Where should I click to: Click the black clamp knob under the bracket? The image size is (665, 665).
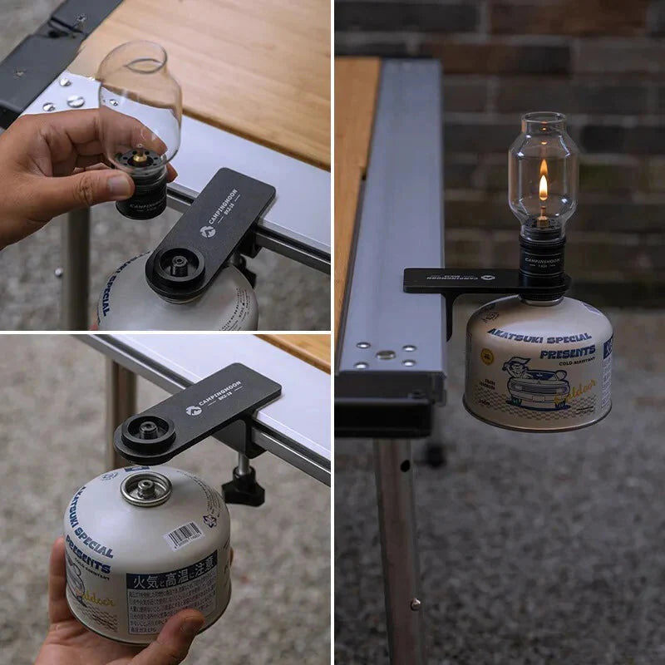244,486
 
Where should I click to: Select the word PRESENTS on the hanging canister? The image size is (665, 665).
566,352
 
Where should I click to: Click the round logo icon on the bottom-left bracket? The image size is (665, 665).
193,410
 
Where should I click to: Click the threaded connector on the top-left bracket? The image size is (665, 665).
176,266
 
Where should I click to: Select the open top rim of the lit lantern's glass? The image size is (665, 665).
543,117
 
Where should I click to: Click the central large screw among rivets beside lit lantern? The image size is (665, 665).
384,355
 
